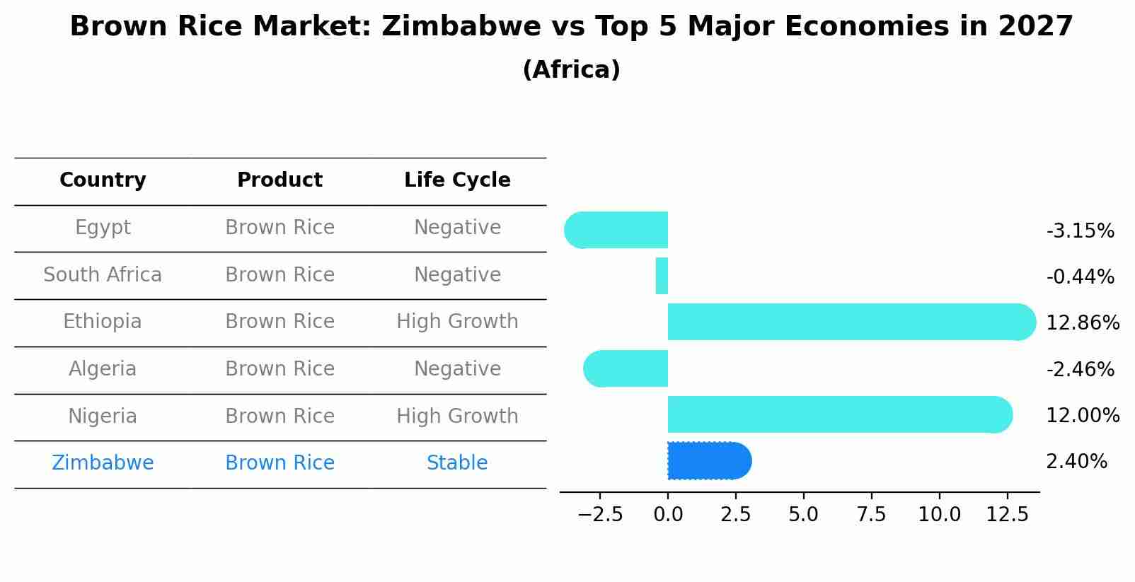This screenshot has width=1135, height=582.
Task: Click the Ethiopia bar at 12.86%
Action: point(849,322)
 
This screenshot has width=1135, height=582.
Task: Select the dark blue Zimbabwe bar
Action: point(708,461)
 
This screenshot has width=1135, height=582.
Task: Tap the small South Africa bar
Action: point(662,276)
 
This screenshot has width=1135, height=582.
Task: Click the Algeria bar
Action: point(626,368)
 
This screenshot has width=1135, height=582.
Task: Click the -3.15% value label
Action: point(1080,231)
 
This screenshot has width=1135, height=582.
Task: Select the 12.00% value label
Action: point(1082,416)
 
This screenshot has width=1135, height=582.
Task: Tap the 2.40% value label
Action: point(1076,462)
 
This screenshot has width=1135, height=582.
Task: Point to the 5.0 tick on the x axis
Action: point(803,515)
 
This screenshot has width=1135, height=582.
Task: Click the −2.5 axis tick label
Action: point(600,515)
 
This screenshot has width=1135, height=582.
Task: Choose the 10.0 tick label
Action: point(939,515)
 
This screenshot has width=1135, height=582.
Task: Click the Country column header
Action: point(103,180)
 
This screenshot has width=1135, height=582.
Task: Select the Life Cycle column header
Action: point(457,180)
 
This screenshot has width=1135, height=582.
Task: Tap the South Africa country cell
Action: point(103,275)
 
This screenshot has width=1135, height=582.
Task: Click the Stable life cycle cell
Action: point(457,463)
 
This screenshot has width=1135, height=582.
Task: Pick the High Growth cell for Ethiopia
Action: point(457,322)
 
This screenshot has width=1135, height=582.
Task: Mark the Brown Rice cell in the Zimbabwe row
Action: point(280,463)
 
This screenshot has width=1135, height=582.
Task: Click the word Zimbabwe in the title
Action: point(449,27)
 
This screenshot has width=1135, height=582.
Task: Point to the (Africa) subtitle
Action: point(571,70)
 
